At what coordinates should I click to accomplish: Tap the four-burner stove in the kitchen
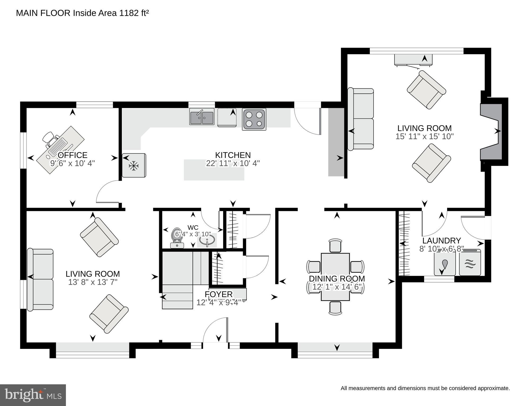[x=254, y=119]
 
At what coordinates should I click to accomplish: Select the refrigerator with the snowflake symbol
[x=134, y=165]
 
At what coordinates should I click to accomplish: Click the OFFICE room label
[x=73, y=155]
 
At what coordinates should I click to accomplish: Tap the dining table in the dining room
[x=335, y=277]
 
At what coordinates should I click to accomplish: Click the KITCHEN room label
[x=233, y=155]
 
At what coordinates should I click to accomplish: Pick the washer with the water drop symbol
[x=445, y=264]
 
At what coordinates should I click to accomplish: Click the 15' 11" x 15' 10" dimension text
[x=424, y=136]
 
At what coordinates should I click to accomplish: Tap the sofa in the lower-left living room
[x=40, y=279]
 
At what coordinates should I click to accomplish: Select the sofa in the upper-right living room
[x=361, y=119]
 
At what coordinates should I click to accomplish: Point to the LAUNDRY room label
[x=441, y=240]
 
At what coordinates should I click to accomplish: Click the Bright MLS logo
[x=33, y=395]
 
